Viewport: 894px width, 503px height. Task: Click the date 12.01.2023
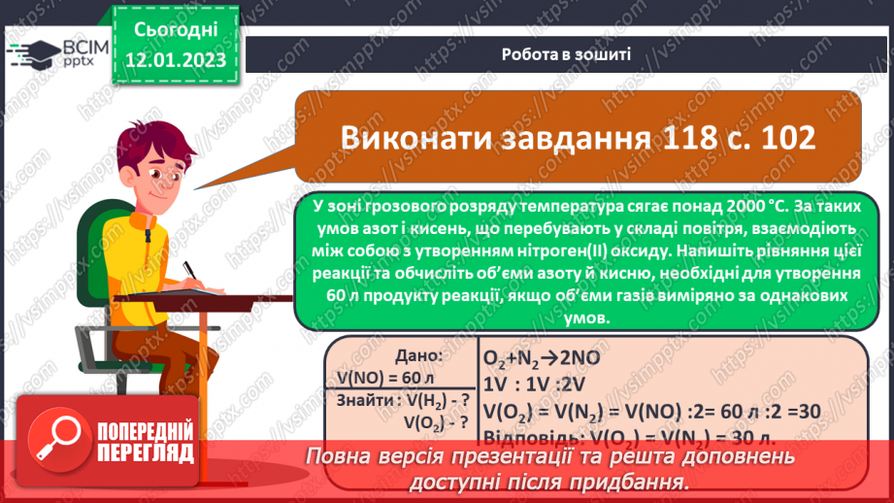click(x=175, y=61)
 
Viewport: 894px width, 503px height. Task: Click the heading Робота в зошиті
click(x=567, y=53)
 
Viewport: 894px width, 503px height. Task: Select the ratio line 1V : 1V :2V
click(x=530, y=384)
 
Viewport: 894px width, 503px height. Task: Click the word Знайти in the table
click(x=366, y=400)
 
